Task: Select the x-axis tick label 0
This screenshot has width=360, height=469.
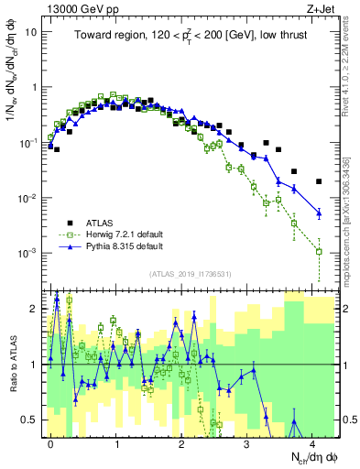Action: (x=50, y=442)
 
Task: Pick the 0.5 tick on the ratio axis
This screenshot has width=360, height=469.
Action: (x=29, y=420)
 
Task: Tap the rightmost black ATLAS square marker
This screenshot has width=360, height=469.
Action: (x=319, y=181)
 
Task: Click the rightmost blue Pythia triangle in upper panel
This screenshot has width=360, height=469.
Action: (x=319, y=213)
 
